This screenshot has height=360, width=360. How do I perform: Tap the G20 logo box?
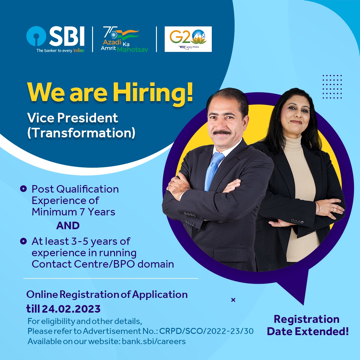point(188,39)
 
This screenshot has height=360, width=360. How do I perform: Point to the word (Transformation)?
point(81,133)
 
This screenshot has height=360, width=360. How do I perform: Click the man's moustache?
point(222,132)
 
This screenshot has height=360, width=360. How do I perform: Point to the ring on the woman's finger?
point(334,210)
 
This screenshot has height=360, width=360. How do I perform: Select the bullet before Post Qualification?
point(23,189)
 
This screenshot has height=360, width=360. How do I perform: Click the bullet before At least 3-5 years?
point(23,241)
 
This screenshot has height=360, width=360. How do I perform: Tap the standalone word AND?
point(68,226)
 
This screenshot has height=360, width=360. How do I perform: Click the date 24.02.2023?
point(71,309)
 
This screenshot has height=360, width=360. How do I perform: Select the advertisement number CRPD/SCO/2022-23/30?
point(206,331)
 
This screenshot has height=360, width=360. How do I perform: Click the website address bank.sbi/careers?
point(154,341)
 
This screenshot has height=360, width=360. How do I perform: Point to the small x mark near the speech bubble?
point(233,300)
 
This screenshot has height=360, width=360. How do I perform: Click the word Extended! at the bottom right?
point(322,331)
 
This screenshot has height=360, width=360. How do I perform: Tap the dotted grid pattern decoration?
point(332,87)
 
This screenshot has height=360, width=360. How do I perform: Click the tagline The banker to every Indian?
point(60,50)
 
